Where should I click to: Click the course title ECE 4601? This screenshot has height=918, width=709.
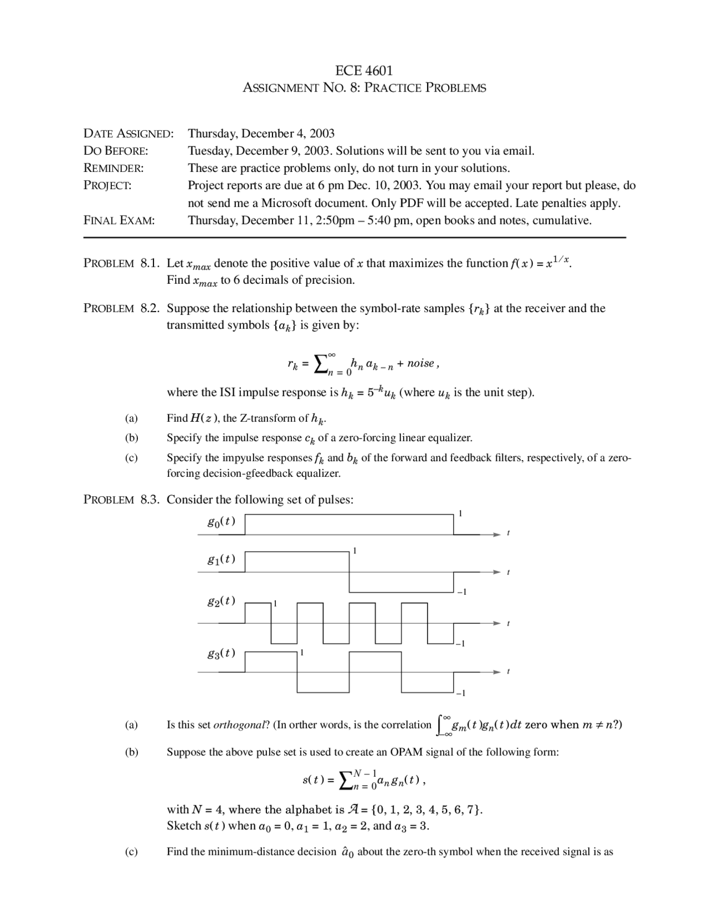click(364, 70)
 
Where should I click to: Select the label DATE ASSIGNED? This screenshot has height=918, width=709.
click(128, 134)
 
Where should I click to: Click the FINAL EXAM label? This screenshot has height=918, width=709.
click(119, 221)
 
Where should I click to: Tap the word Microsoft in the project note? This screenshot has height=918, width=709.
click(293, 203)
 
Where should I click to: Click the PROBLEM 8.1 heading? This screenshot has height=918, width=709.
click(121, 263)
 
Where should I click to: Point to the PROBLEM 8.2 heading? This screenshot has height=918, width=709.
click(121, 308)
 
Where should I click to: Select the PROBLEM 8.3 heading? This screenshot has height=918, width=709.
click(121, 499)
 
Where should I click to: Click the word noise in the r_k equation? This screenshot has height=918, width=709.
click(420, 363)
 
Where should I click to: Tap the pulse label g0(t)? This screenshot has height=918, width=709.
click(221, 522)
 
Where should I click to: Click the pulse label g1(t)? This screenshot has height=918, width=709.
click(221, 559)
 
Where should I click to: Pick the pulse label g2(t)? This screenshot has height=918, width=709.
click(221, 601)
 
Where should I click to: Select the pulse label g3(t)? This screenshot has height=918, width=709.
click(221, 653)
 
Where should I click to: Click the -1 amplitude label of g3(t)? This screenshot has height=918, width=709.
click(460, 693)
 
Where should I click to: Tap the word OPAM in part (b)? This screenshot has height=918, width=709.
click(407, 752)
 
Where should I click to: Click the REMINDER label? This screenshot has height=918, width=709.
click(113, 168)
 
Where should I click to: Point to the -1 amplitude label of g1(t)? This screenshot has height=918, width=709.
click(461, 592)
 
